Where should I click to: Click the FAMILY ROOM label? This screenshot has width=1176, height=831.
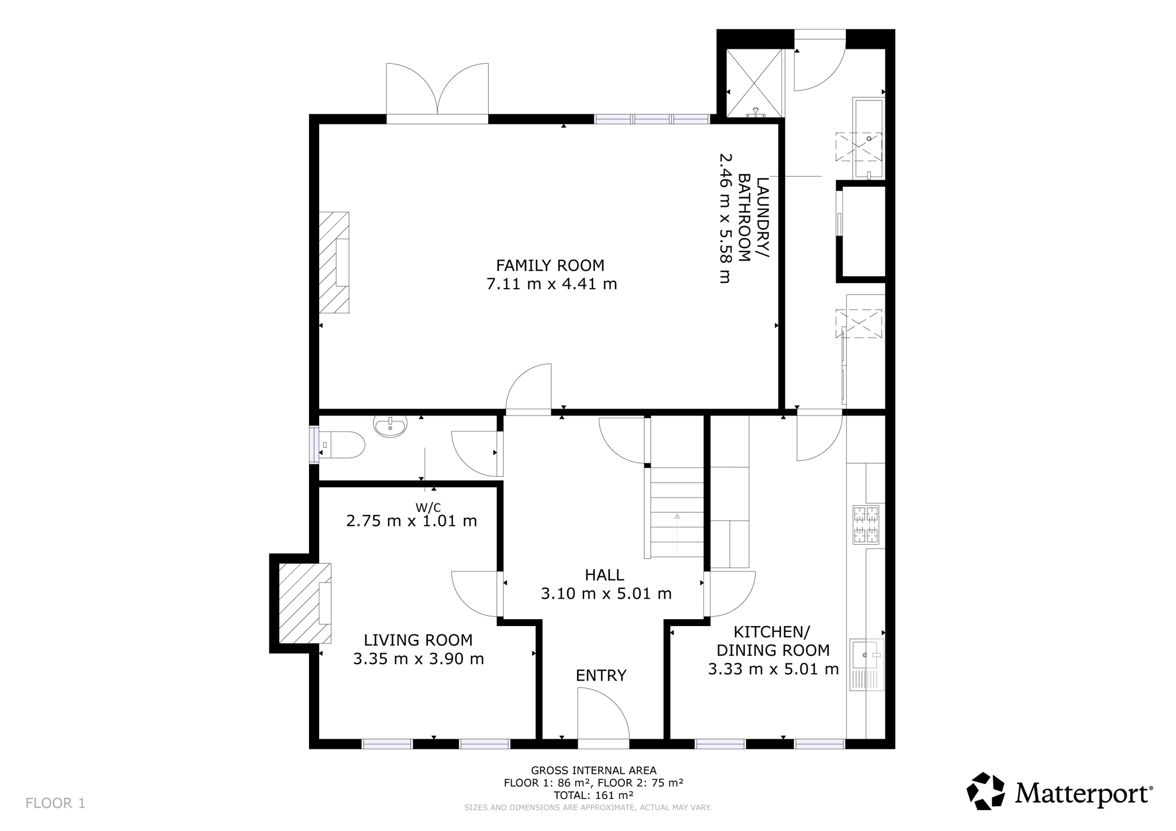pyautogui.click(x=550, y=265)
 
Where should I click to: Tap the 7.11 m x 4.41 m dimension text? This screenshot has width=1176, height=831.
pyautogui.click(x=551, y=284)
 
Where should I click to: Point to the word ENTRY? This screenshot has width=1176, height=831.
pyautogui.click(x=601, y=675)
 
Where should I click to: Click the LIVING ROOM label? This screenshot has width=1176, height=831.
pyautogui.click(x=418, y=640)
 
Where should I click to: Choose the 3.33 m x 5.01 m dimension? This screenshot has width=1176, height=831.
pyautogui.click(x=773, y=669)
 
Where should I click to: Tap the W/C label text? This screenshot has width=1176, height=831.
pyautogui.click(x=428, y=507)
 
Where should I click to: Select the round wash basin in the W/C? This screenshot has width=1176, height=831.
pyautogui.click(x=390, y=426)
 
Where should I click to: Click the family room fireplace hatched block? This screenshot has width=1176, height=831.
pyautogui.click(x=334, y=262)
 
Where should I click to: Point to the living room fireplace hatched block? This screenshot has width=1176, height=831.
pyautogui.click(x=305, y=603)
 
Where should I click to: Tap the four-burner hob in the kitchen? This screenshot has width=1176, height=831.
pyautogui.click(x=866, y=524)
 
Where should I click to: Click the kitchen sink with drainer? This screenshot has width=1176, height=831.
pyautogui.click(x=867, y=665)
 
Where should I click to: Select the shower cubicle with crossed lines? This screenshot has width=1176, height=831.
pyautogui.click(x=755, y=83)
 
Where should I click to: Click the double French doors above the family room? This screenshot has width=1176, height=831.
pyautogui.click(x=438, y=91)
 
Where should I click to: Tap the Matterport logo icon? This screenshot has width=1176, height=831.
pyautogui.click(x=986, y=791)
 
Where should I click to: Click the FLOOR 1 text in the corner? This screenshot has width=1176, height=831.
pyautogui.click(x=55, y=803)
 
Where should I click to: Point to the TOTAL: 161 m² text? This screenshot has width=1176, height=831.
pyautogui.click(x=593, y=795)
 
